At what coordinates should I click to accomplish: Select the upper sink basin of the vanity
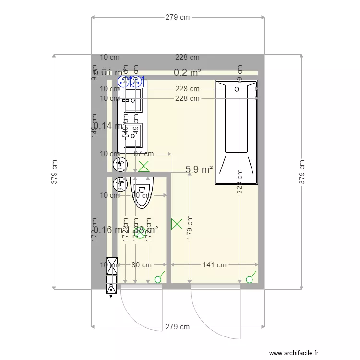(x=133, y=100)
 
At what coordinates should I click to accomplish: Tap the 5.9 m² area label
(x=199, y=169)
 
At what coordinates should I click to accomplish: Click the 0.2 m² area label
(x=187, y=72)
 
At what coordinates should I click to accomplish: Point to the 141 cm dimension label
(x=215, y=264)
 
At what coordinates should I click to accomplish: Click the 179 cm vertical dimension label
(x=191, y=227)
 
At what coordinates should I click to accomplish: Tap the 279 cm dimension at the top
(x=178, y=17)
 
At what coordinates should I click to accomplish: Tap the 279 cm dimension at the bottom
(x=178, y=327)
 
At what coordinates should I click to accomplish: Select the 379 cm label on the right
(x=302, y=172)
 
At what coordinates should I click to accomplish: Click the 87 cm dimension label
(x=144, y=154)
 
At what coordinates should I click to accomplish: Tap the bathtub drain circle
(x=236, y=88)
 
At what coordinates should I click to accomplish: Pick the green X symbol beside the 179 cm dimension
(x=177, y=223)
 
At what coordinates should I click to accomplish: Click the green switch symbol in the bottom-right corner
(x=250, y=279)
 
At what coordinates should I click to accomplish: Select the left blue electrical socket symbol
(x=124, y=80)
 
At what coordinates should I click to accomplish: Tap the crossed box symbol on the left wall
(x=112, y=264)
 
